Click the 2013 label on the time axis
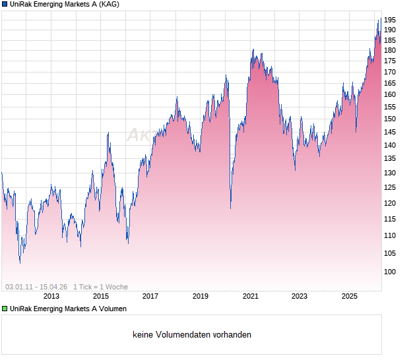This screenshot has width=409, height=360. [x=51, y=296]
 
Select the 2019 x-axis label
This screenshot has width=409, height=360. [x=200, y=296]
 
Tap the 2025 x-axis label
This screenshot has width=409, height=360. [x=350, y=296]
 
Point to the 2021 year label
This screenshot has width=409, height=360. [x=250, y=296]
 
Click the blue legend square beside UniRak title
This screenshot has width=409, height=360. [x=5, y=5]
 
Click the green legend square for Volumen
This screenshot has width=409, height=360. [x=5, y=309]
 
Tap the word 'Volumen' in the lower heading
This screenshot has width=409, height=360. [x=113, y=309]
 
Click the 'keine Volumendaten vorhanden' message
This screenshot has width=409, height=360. [x=191, y=335]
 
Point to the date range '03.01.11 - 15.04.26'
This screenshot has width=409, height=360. [x=36, y=287]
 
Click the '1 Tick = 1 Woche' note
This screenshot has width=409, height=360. [x=100, y=287]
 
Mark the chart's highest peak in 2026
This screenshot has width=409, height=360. [x=379, y=20]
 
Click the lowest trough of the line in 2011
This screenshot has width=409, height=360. [x=20, y=263]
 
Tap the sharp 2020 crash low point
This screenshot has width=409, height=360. [x=230, y=208]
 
